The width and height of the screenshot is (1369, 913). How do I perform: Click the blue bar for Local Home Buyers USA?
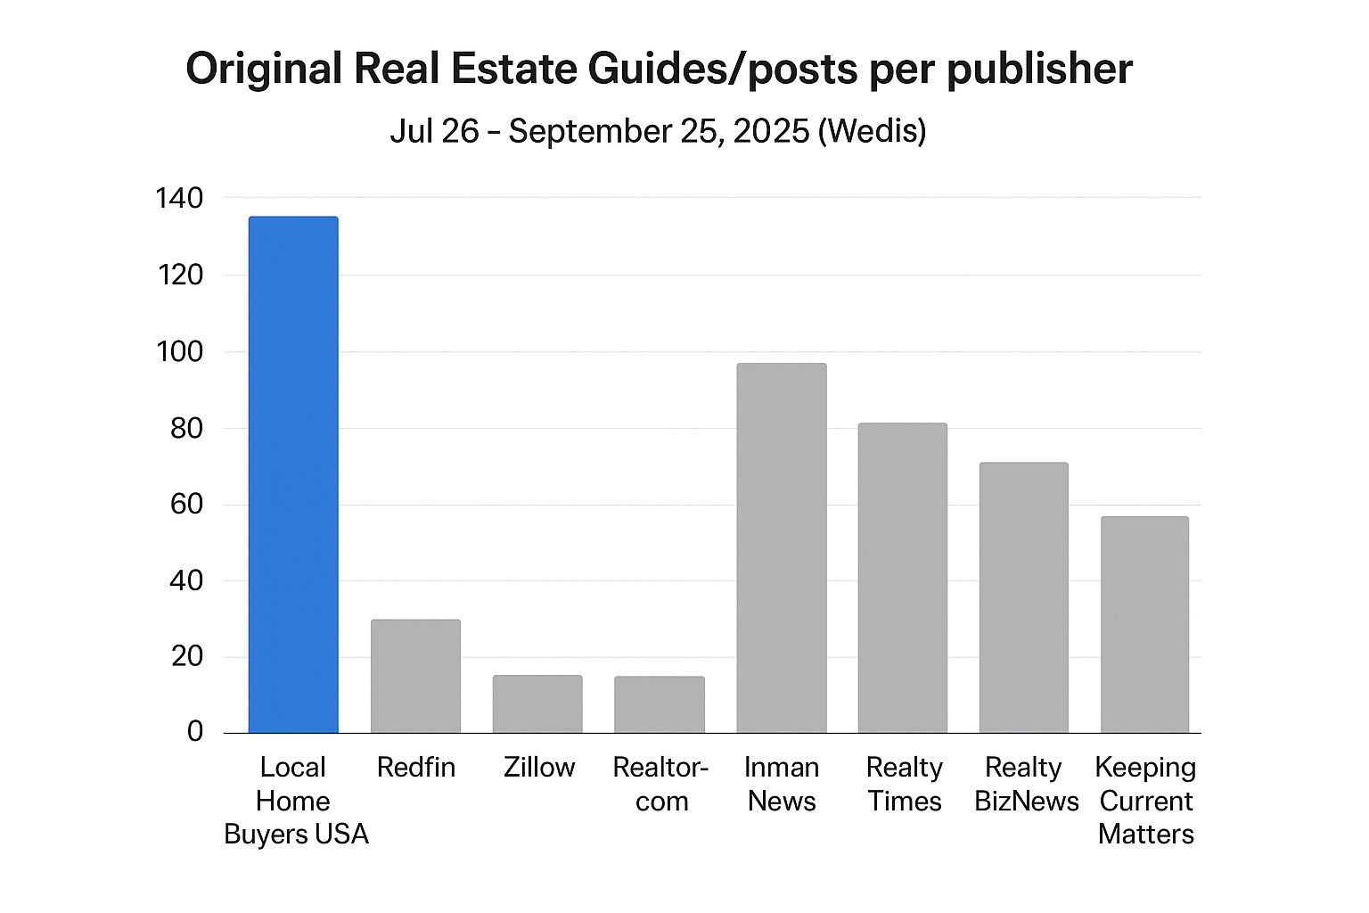[x=293, y=474]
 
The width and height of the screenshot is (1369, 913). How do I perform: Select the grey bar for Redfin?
[x=415, y=676]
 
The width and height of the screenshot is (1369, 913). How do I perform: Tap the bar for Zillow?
[x=537, y=704]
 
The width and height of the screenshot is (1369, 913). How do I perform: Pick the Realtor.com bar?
[x=660, y=704]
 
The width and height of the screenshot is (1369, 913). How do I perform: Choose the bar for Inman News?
[x=782, y=548]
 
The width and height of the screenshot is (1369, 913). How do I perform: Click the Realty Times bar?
[x=903, y=578]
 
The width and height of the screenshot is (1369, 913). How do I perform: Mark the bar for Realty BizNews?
[x=1024, y=597]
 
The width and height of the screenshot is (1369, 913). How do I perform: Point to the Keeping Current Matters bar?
[x=1145, y=624]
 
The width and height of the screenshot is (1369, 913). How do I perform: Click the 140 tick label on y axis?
[x=179, y=198]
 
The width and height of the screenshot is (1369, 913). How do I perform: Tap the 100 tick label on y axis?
[x=179, y=351]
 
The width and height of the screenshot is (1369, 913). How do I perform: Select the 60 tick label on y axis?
[x=186, y=505]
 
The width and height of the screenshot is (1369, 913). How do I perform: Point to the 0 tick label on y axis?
[x=195, y=732]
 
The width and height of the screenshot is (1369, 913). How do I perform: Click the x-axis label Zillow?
[x=539, y=768]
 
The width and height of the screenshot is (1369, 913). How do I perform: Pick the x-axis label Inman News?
[x=782, y=784]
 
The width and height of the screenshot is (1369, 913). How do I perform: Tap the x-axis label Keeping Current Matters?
[x=1146, y=801]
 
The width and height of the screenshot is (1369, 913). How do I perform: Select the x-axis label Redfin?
[x=415, y=768]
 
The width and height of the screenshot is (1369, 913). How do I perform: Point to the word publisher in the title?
[x=1039, y=70]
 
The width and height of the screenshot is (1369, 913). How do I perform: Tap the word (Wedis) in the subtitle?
[x=873, y=131]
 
